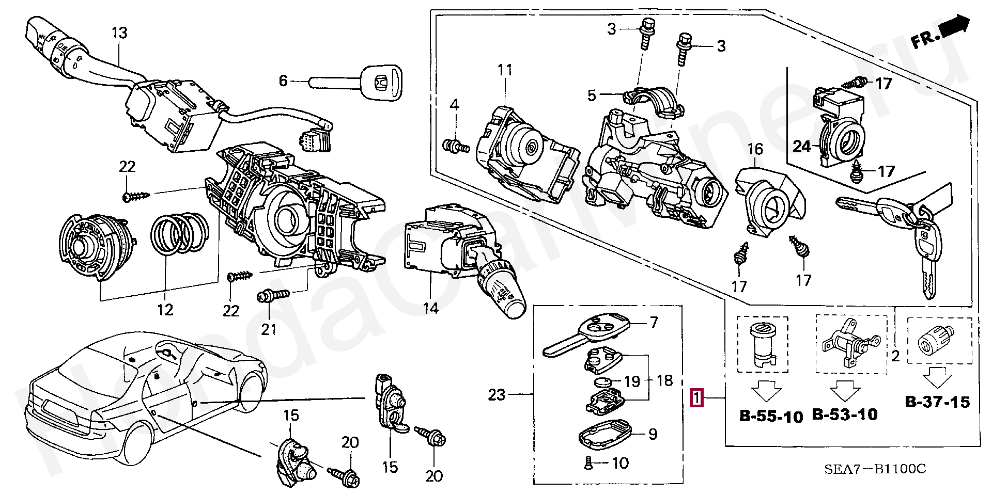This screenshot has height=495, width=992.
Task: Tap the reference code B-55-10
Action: (771, 416)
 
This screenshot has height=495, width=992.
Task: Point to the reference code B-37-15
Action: (937, 402)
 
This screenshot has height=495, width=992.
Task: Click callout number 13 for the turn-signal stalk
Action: (119, 33)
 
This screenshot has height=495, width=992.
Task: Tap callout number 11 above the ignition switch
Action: (504, 69)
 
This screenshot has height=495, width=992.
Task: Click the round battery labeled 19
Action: (601, 383)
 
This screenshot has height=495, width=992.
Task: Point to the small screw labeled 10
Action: (588, 463)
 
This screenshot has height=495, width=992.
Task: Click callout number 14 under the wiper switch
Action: (431, 308)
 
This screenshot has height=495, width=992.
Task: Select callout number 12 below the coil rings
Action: (165, 310)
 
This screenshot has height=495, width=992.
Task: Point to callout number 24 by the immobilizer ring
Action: (802, 147)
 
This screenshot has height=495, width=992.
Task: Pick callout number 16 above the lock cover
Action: (755, 149)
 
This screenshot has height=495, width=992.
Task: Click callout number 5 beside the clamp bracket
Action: (592, 95)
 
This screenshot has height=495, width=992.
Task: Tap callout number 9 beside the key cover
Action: (653, 434)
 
